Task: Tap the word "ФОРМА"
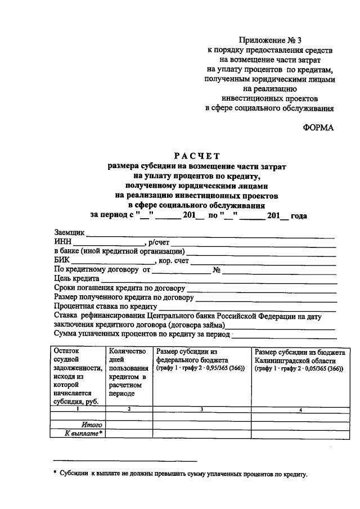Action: pos(318,127)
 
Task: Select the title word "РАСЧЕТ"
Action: pos(197,156)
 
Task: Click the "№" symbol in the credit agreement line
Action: pos(215,269)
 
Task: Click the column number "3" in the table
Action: pos(201,409)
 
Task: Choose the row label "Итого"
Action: pos(91,425)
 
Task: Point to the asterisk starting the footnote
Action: pos(55,474)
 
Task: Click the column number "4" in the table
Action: pos(300,409)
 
